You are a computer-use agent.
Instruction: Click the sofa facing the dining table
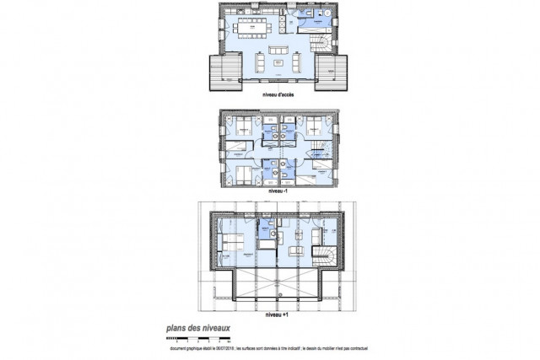(276, 50)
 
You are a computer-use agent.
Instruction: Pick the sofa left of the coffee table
(257, 62)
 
